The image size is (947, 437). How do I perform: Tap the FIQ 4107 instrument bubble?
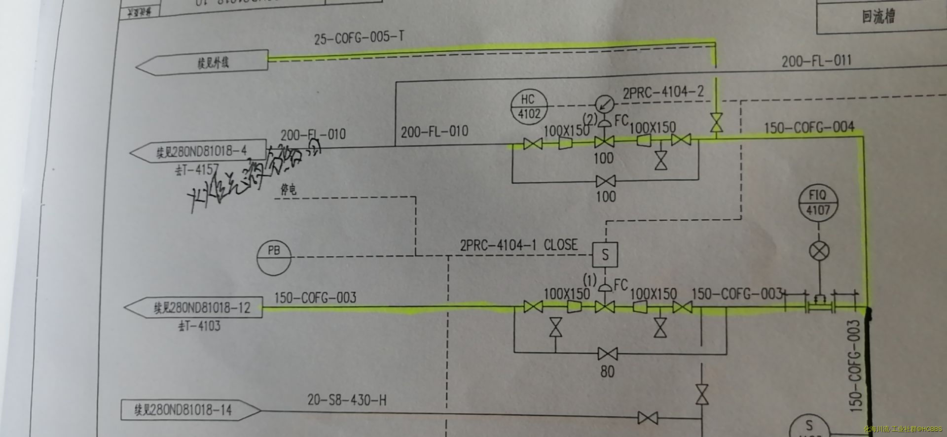tap(818, 202)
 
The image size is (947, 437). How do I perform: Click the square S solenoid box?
tap(605, 255)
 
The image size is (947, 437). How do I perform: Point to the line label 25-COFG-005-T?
tap(359, 37)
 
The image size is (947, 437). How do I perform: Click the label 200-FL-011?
tap(816, 62)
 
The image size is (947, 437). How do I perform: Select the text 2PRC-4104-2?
tap(663, 92)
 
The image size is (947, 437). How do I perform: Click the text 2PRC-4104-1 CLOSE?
tap(518, 245)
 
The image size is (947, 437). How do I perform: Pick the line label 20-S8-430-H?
tap(347, 400)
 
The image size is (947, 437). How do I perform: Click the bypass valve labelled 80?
tap(607, 354)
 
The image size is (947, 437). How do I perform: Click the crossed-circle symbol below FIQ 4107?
tap(819, 251)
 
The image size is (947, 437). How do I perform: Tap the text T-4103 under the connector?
tap(199, 326)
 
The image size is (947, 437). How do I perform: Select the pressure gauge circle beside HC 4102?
tap(604, 104)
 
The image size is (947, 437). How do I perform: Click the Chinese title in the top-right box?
tap(878, 17)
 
